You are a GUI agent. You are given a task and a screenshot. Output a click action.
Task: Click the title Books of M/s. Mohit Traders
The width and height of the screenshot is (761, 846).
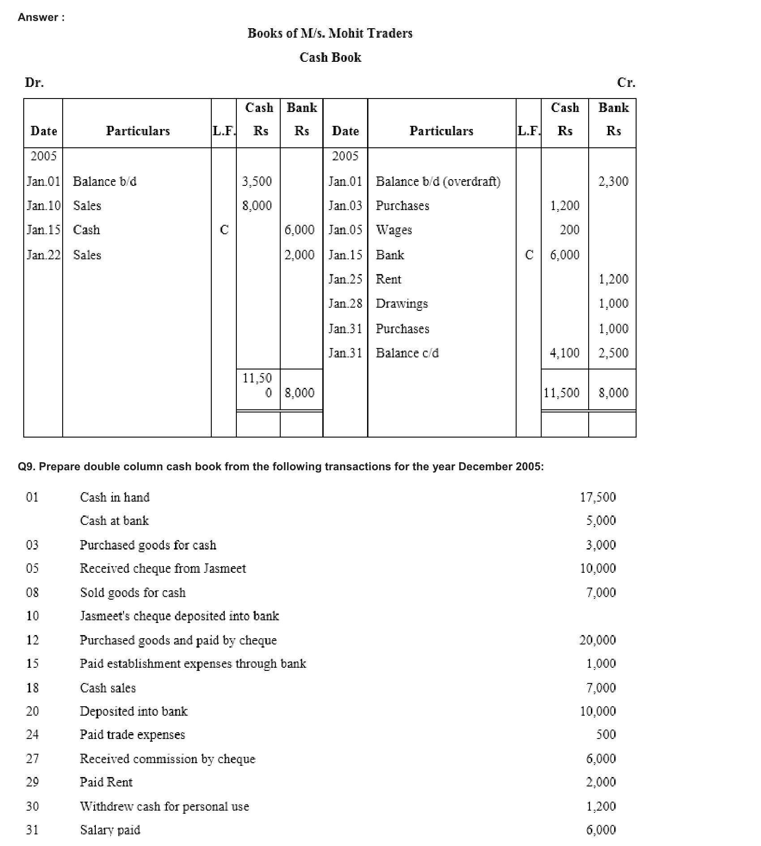[330, 33]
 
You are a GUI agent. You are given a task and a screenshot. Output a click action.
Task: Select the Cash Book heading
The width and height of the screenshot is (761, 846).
[330, 57]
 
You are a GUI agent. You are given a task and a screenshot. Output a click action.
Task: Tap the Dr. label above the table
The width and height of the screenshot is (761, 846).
[34, 82]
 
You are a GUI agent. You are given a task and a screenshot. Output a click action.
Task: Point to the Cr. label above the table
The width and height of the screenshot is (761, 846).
[626, 82]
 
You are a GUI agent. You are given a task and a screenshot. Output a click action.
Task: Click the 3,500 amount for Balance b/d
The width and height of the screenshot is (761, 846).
[257, 181]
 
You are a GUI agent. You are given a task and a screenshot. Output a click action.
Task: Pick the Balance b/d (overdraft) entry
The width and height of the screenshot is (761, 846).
[438, 181]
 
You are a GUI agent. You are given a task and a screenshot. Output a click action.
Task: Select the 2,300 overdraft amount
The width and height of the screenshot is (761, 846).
[613, 181]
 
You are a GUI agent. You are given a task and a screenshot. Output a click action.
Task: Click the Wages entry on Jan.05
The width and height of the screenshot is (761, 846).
[393, 230]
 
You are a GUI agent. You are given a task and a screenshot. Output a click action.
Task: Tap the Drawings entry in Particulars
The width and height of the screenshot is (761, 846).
[402, 304]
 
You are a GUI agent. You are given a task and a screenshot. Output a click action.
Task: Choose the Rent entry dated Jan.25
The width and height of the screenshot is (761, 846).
[389, 279]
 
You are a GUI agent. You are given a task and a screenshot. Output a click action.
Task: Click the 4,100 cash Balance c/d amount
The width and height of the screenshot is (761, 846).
[564, 353]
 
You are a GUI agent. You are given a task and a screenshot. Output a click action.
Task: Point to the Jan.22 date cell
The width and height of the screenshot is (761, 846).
[43, 255]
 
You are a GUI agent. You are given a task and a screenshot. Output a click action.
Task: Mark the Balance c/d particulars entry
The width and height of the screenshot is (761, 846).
[407, 353]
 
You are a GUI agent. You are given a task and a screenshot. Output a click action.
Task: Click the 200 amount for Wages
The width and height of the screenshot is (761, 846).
[569, 230]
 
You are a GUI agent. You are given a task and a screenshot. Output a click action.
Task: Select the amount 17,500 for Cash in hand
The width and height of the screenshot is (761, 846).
[598, 497]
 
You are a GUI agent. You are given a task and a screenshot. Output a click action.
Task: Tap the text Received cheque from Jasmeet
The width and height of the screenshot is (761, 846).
[162, 568]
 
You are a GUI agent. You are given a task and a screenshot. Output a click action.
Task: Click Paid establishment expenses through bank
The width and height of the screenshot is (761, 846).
[192, 663]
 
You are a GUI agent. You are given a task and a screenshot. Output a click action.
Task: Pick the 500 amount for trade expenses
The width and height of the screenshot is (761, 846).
[606, 734]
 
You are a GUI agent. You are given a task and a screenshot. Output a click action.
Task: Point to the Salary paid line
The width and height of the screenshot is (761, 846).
[110, 830]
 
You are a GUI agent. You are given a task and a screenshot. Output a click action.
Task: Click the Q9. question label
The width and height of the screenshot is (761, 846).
[26, 467]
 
